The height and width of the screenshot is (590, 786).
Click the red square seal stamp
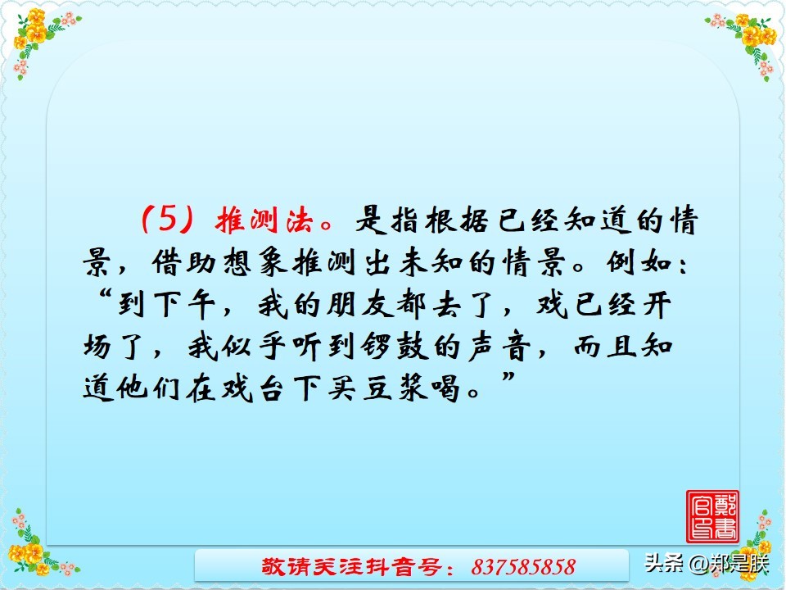click(x=711, y=516)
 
